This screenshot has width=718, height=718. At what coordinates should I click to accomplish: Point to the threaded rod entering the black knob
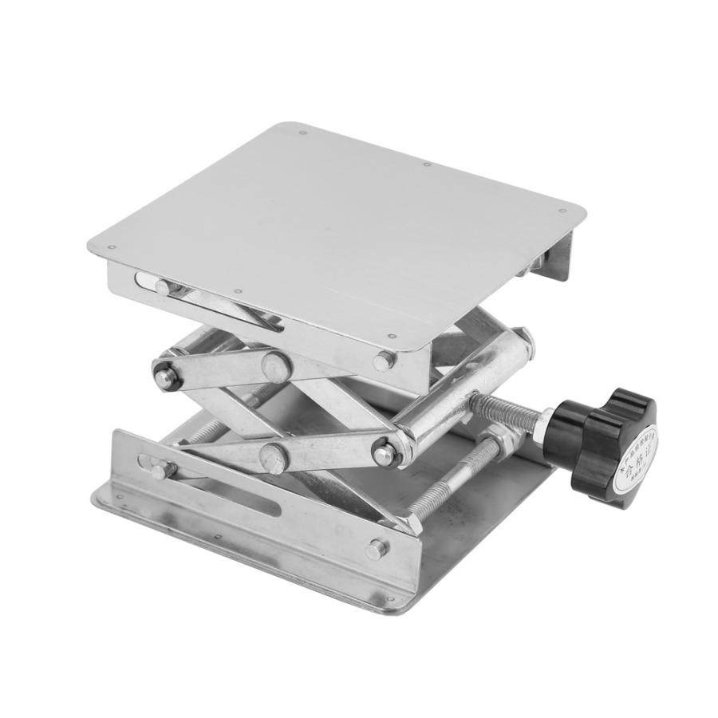click(511, 407)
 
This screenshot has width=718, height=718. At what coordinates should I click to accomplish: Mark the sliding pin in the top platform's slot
click(163, 286)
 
